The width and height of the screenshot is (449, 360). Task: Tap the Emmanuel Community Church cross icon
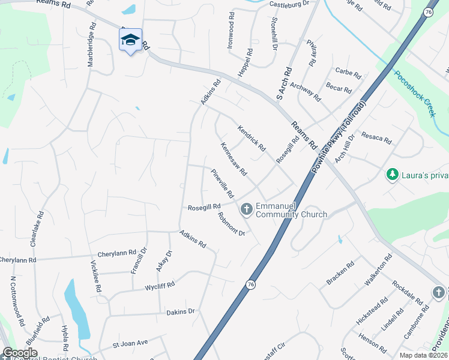[246, 209]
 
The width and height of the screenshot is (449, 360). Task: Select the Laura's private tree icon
[393, 175]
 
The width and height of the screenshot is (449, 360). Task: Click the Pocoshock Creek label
[414, 94]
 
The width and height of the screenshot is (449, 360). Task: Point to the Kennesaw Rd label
[234, 158]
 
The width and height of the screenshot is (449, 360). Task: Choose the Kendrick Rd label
[251, 137]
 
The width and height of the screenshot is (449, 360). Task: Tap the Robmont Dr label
[232, 224]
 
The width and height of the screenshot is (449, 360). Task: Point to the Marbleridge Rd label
[92, 44]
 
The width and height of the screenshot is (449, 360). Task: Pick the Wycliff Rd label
[160, 286]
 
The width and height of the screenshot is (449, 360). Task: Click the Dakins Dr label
[181, 311]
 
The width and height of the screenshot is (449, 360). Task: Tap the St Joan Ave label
[130, 343]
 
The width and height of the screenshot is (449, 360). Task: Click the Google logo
[20, 353]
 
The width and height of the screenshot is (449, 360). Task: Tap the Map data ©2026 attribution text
[423, 355]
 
